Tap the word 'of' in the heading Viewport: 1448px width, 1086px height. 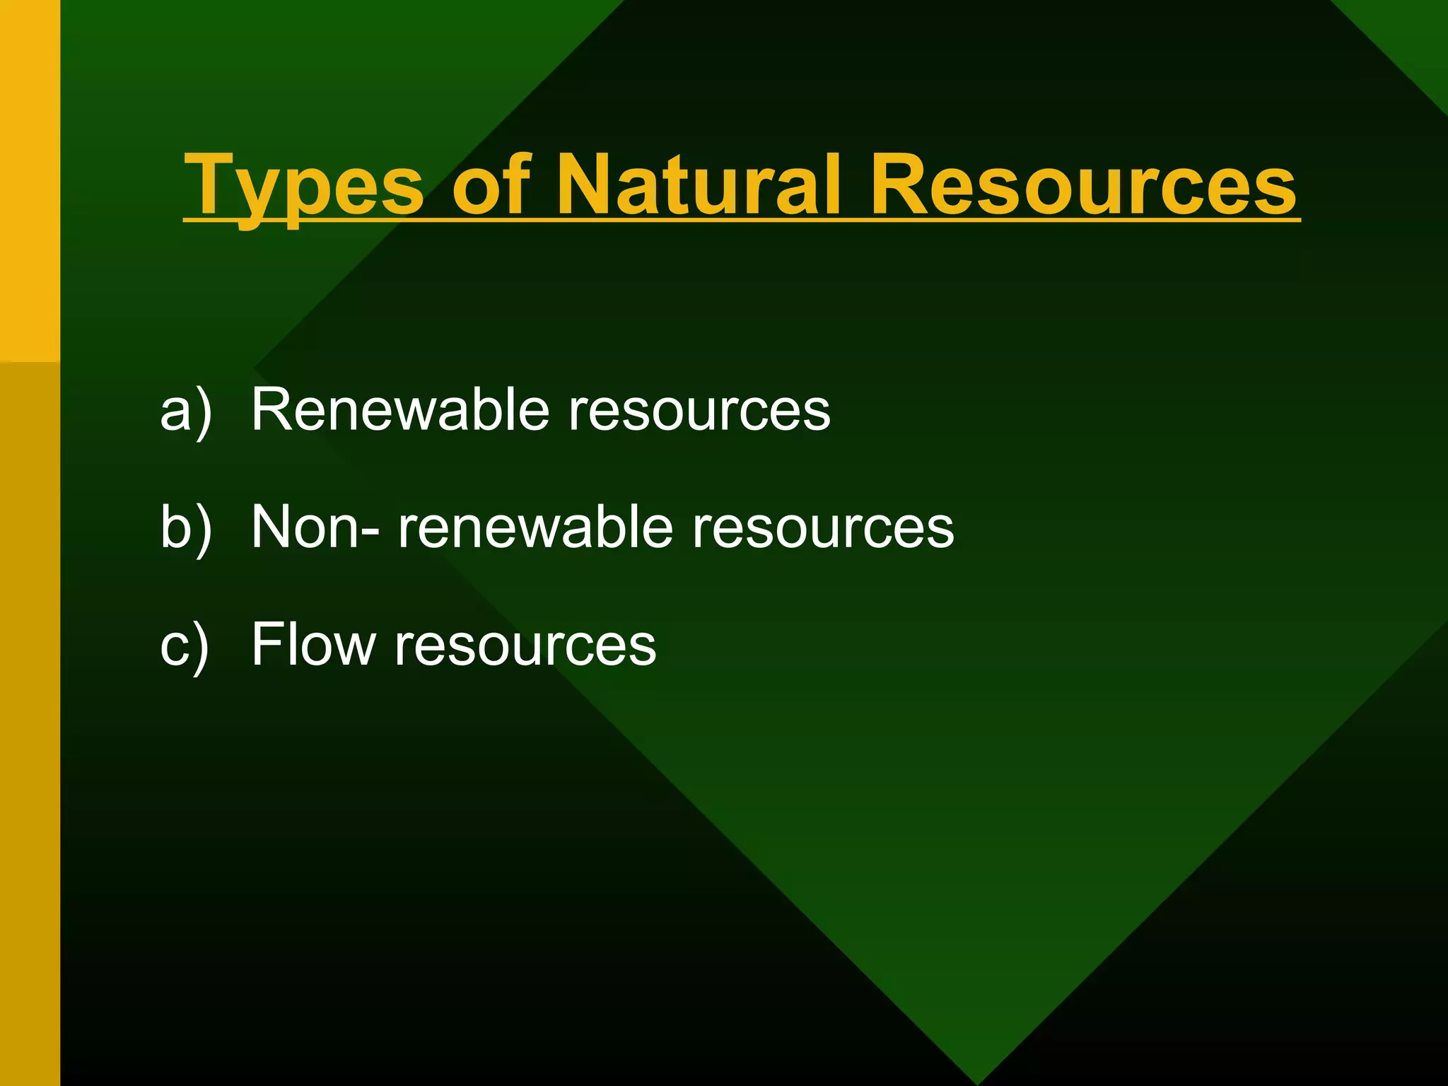491,185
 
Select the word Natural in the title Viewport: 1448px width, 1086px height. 700,185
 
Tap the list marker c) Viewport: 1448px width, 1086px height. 185,646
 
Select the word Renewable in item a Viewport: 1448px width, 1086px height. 400,409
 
